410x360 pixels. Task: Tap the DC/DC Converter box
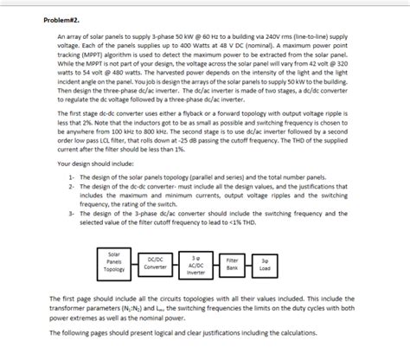pos(157,261)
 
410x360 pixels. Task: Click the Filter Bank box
pos(233,262)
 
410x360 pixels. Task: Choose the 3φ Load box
pos(265,262)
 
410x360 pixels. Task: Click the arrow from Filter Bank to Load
pos(249,262)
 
